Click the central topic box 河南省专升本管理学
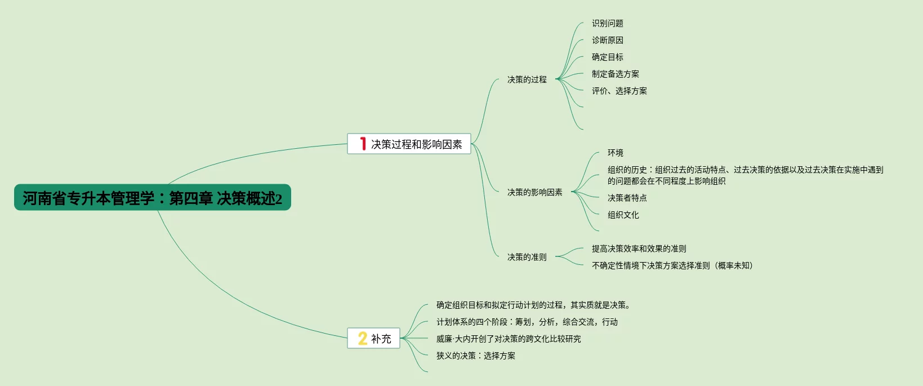(x=152, y=198)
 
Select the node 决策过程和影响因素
(x=416, y=144)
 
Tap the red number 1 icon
(x=363, y=144)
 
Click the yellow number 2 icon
(x=363, y=338)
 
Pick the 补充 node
(x=381, y=339)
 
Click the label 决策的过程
(x=527, y=79)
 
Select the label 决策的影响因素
(x=534, y=192)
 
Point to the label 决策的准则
(x=527, y=257)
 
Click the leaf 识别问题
(x=607, y=23)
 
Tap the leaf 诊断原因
(x=607, y=40)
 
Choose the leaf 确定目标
(x=607, y=57)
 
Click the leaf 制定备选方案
(x=615, y=74)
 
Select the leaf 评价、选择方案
(x=619, y=91)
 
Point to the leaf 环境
(x=615, y=153)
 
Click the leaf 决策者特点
(x=627, y=198)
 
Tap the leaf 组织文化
(x=623, y=215)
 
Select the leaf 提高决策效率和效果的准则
(x=639, y=249)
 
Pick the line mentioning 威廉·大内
(x=508, y=339)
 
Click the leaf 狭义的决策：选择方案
(x=475, y=356)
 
